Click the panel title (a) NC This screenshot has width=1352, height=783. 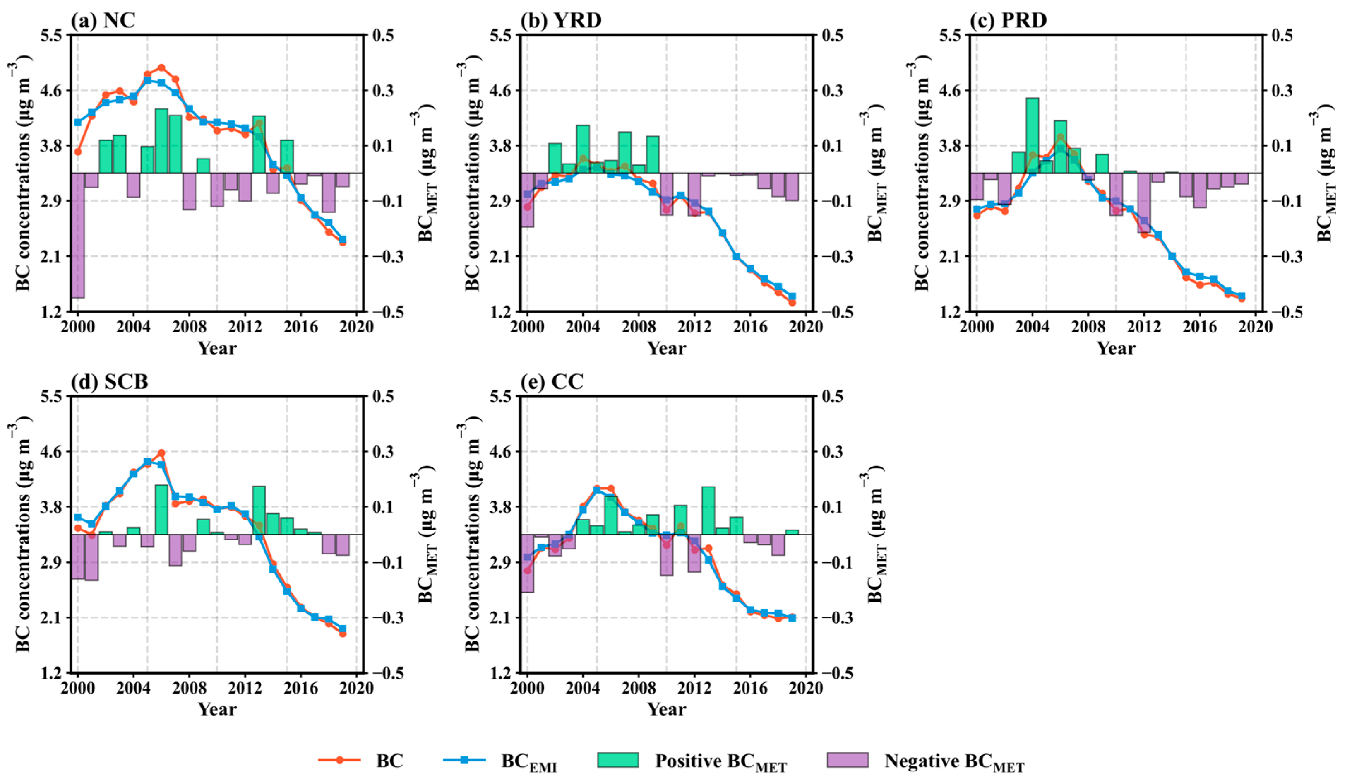point(103,20)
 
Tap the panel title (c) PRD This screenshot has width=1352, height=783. point(1008,20)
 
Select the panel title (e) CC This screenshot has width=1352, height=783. point(552,382)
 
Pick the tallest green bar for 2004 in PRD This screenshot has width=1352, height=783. point(1032,135)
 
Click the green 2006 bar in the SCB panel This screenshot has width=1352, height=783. point(161,509)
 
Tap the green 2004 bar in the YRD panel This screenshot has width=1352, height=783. point(583,149)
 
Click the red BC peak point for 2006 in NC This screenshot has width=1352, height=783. point(161,67)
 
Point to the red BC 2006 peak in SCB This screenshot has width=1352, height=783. point(161,453)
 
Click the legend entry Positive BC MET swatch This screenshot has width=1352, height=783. point(618,761)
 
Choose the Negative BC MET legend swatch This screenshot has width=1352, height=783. point(847,761)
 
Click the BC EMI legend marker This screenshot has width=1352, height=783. point(465,761)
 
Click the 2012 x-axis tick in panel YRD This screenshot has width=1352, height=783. point(694,326)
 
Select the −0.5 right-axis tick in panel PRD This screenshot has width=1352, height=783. point(1282,312)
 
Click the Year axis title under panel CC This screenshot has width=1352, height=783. point(666,709)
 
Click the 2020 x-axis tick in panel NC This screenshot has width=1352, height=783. point(356,326)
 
